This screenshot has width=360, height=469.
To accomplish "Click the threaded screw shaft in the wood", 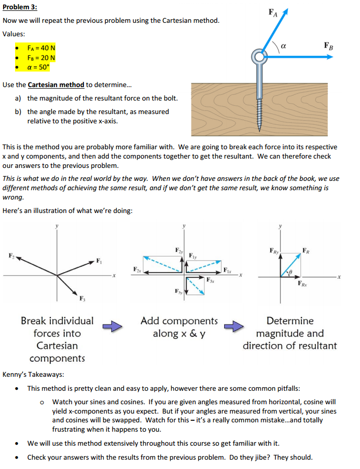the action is (x=259, y=106).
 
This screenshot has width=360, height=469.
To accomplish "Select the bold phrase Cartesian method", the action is (x=56, y=84).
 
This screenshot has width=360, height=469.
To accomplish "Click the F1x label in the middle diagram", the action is (x=227, y=269).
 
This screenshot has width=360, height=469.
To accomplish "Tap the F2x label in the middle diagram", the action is (x=136, y=269).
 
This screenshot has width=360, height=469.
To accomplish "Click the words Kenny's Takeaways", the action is (x=33, y=374).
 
